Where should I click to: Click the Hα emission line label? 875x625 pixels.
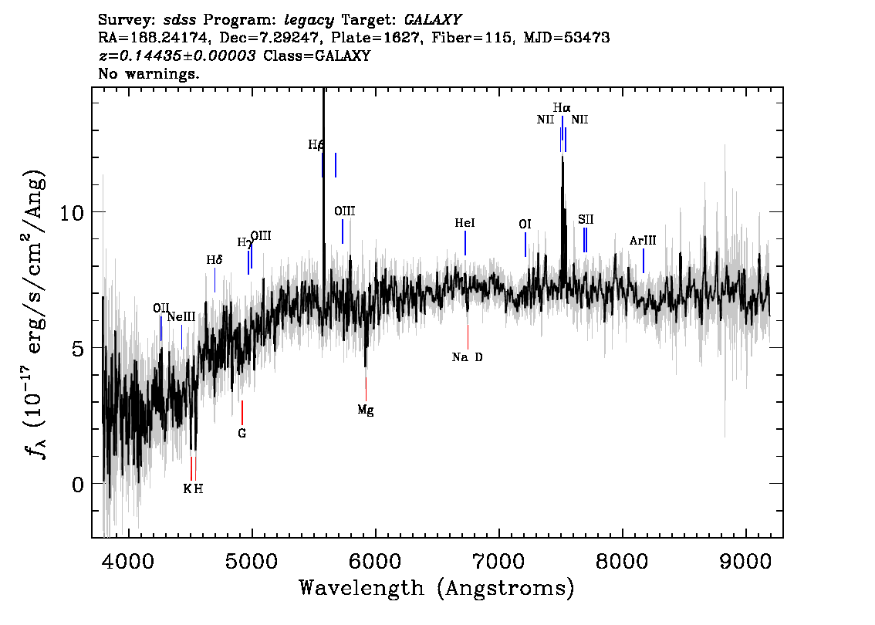562,108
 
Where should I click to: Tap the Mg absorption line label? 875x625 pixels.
366,410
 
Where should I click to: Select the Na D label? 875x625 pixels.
467,357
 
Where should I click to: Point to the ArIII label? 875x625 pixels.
643,241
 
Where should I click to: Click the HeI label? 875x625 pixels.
465,223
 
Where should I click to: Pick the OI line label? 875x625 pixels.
525,225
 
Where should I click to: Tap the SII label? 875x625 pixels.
586,219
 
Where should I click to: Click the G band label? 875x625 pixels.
242,433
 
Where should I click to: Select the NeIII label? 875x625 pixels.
181,317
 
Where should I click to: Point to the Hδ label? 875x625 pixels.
215,260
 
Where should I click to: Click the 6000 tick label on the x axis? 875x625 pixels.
375,561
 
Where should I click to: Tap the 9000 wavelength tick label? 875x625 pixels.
745,561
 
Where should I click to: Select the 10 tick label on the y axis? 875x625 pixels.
72,213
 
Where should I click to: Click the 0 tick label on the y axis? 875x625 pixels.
78,485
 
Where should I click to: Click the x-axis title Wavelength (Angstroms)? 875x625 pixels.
437,588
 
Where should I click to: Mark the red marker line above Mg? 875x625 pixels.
366,389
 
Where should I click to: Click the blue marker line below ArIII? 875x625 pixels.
644,261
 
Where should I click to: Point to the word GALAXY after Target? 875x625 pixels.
432,20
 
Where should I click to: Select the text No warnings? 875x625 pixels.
148,73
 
